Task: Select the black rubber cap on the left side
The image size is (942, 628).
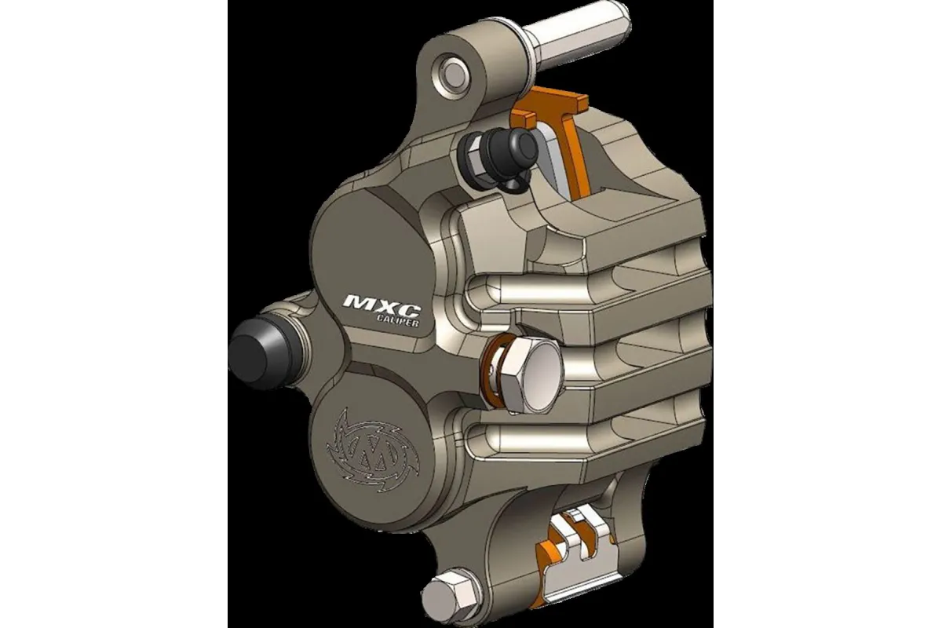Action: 253,349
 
